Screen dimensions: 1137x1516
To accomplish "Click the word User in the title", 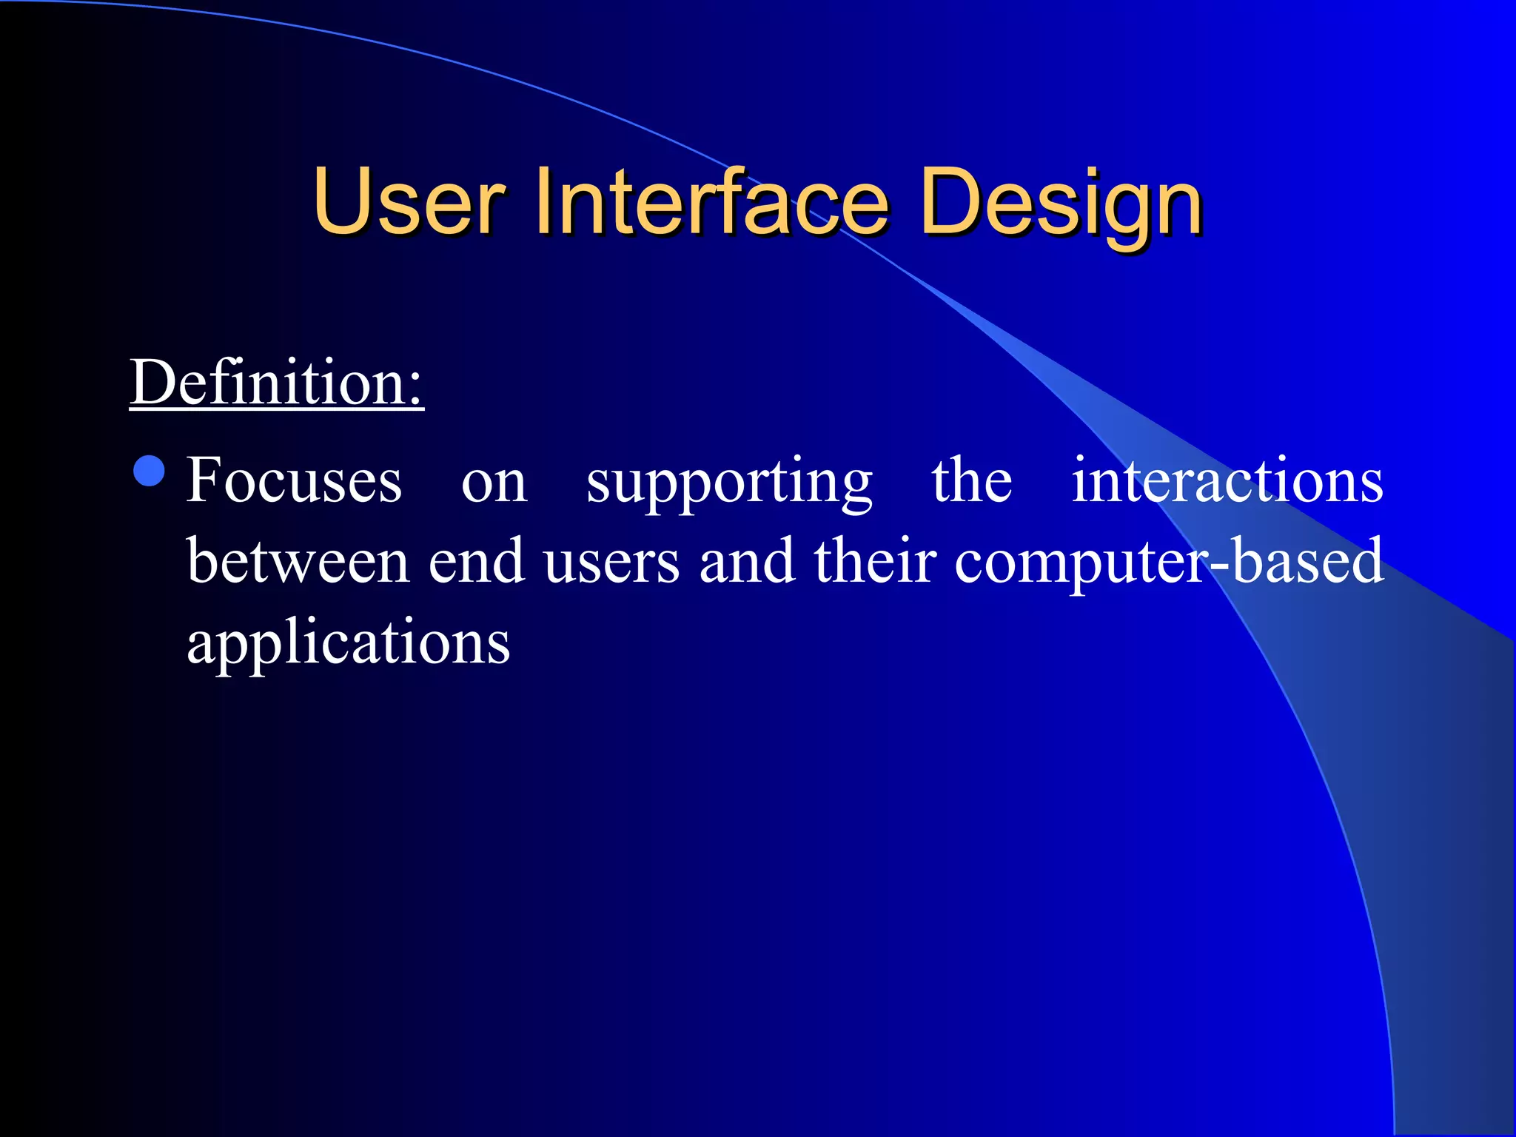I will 409,201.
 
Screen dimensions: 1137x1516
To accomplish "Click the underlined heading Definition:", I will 276,383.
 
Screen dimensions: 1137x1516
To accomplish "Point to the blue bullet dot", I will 150,471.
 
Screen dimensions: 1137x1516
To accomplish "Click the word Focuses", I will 294,480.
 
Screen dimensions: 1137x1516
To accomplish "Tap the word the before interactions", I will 971,480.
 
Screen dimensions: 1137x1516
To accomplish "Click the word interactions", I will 1227,480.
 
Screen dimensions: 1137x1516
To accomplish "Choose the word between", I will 298,561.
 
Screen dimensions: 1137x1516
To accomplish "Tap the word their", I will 875,561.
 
